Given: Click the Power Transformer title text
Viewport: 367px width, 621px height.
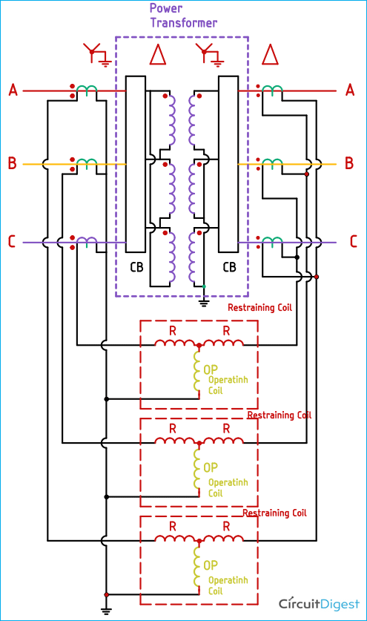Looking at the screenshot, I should click(183, 16).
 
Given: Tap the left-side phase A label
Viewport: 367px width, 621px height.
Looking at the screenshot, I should click(13, 91).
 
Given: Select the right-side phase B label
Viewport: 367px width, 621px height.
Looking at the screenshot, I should click(350, 163).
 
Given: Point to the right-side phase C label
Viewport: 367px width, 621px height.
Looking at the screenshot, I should click(353, 241).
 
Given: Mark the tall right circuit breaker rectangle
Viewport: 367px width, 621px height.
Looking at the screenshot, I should click(228, 163).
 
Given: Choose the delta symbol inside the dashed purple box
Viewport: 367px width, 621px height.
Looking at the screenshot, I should click(157, 54).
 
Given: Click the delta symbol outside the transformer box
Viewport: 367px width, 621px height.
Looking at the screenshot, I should click(270, 54).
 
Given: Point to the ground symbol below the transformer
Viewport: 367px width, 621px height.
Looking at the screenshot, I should click(204, 300).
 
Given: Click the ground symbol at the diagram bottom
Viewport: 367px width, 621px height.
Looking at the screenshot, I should click(107, 611).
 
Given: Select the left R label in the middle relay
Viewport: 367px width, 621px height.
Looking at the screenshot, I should click(172, 429).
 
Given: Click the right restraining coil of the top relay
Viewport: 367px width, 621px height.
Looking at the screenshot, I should click(223, 342).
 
